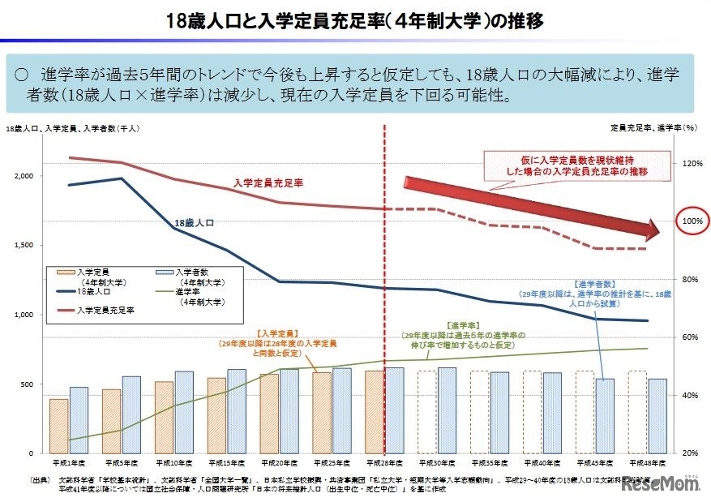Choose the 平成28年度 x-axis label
tap(383, 462)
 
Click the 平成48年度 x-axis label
tap(647, 462)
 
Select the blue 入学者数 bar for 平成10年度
tap(184, 412)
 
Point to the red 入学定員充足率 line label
tap(268, 184)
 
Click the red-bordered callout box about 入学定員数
tap(583, 166)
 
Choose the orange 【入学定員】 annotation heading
tap(275, 333)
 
